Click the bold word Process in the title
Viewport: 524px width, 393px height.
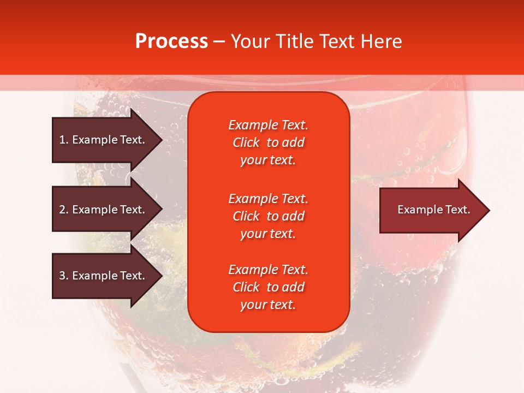[171, 41]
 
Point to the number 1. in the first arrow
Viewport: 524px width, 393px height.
[64, 140]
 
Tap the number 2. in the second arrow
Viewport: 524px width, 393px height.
[64, 210]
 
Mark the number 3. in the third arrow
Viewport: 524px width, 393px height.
[64, 276]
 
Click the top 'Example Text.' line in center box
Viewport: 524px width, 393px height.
[268, 125]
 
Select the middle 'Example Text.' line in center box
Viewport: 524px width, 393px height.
[268, 198]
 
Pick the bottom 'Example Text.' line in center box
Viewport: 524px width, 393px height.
[268, 270]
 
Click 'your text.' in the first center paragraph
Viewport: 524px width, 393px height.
[268, 160]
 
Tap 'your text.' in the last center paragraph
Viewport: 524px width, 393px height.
[268, 305]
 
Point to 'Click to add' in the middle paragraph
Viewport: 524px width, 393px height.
[268, 216]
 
